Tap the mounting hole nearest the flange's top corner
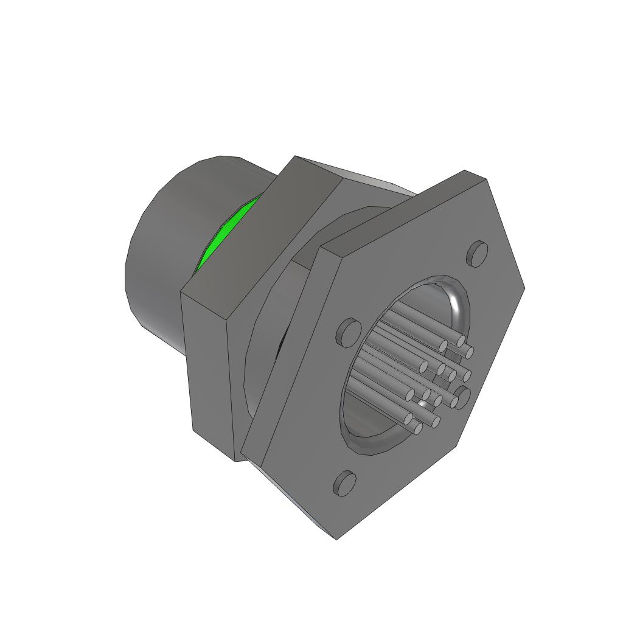pyautogui.click(x=478, y=253)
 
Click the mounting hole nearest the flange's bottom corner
pyautogui.click(x=345, y=483)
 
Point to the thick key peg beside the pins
pyautogui.click(x=464, y=396)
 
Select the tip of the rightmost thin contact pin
pyautogui.click(x=470, y=351)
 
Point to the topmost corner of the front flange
pyautogui.click(x=465, y=171)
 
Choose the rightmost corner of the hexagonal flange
pyautogui.click(x=524, y=288)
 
